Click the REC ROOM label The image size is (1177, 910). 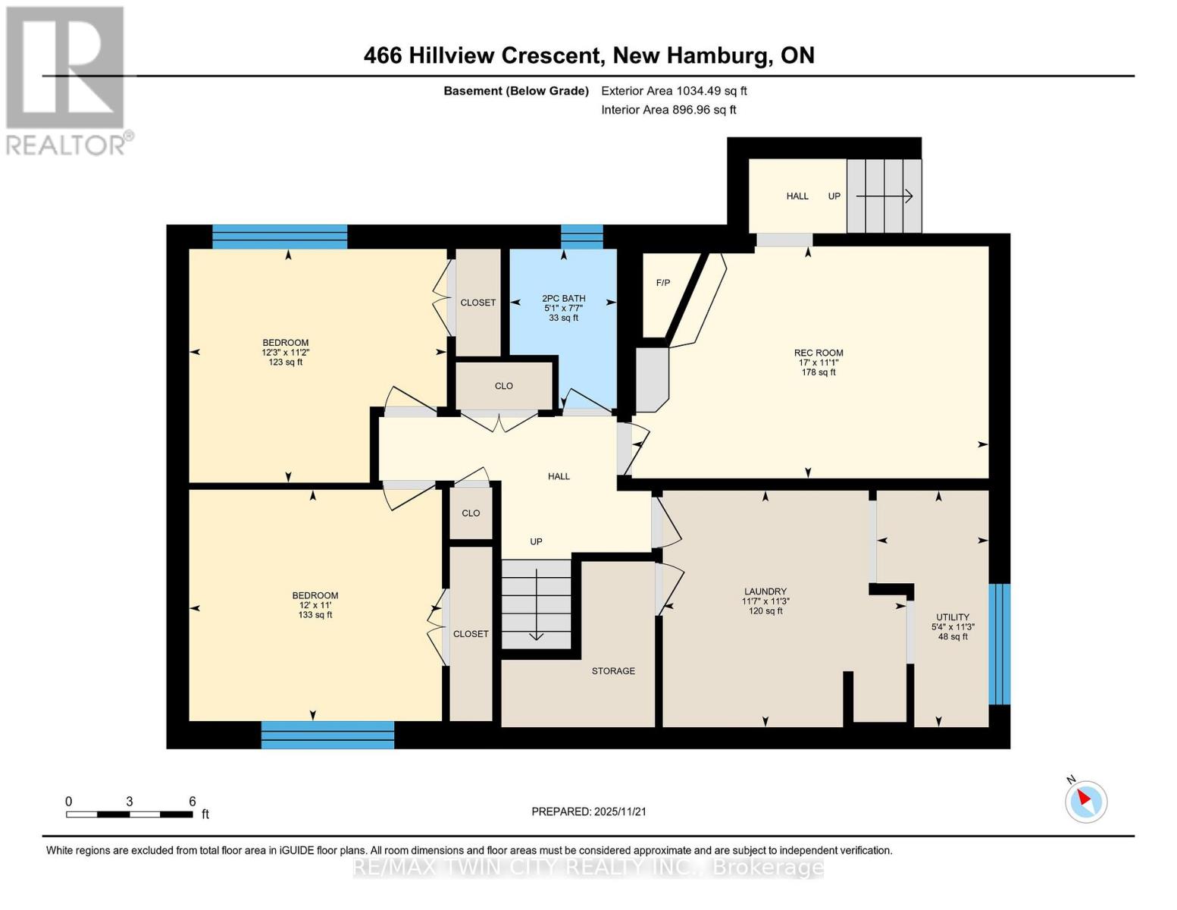(819, 353)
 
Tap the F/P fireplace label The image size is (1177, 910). (662, 283)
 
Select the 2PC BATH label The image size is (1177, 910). (563, 298)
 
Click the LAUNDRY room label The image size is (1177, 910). (765, 591)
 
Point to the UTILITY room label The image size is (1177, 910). (953, 617)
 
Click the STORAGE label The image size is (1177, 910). (613, 671)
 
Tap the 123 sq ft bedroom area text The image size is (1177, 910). (285, 362)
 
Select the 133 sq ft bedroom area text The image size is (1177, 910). (315, 615)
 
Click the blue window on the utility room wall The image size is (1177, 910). (1000, 644)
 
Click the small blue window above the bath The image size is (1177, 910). (581, 237)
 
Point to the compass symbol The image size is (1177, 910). (1086, 801)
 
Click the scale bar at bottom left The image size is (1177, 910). (129, 814)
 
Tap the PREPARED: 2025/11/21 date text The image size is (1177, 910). (589, 811)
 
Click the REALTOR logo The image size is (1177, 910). (67, 80)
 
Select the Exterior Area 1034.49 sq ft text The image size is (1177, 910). (674, 91)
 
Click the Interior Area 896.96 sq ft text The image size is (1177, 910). (668, 110)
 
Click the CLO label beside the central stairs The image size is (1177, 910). (471, 513)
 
